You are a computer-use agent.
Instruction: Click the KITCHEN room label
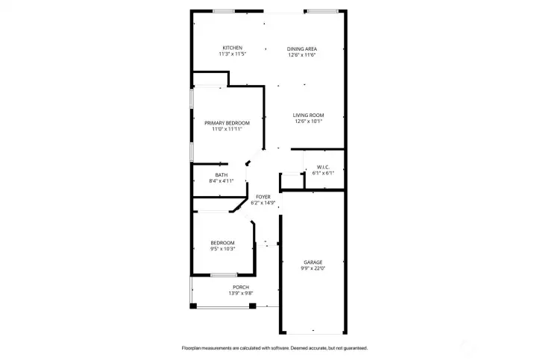click(x=232, y=48)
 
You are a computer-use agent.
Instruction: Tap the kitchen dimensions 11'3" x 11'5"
click(x=232, y=54)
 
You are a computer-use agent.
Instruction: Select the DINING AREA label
click(x=302, y=49)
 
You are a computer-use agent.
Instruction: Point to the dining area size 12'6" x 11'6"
click(x=302, y=55)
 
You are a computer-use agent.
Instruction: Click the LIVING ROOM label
click(x=308, y=115)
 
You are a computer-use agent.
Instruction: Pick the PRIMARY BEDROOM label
click(x=227, y=122)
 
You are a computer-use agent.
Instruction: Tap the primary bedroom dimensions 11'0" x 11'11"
click(x=227, y=128)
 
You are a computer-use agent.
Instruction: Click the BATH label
click(x=222, y=174)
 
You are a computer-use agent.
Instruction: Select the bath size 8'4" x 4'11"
click(x=222, y=180)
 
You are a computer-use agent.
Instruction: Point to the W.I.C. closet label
click(x=323, y=167)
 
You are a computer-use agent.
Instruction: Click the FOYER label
click(x=263, y=197)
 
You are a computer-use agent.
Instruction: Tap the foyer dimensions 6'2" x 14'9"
click(x=263, y=203)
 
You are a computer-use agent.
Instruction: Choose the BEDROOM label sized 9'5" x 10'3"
click(x=222, y=242)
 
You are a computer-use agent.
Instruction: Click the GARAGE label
click(x=313, y=262)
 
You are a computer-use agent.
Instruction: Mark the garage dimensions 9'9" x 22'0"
click(x=313, y=268)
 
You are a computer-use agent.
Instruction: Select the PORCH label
click(x=241, y=288)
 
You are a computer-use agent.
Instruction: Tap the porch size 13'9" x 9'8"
click(x=241, y=294)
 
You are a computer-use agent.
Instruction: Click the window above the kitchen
click(x=223, y=11)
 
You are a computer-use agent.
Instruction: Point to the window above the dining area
click(x=321, y=11)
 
